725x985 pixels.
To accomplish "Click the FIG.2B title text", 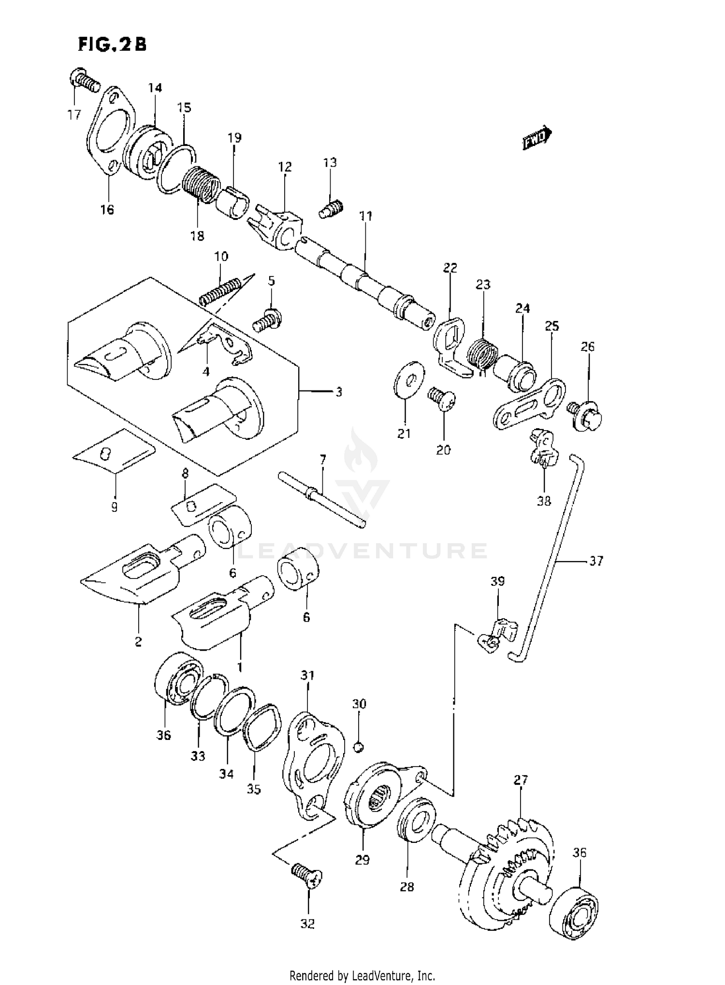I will [x=112, y=44].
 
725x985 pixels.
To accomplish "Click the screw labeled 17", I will [x=85, y=81].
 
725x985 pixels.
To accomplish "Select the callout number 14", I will [x=155, y=87].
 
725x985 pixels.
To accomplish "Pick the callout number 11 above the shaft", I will [x=366, y=216].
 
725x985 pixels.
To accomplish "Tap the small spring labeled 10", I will [x=219, y=292].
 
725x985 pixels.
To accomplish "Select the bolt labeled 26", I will [x=586, y=416].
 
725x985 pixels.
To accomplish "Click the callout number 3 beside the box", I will [x=338, y=391].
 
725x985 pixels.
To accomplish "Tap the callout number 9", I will [x=114, y=507].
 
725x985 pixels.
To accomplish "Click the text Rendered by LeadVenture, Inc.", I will [x=362, y=976].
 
